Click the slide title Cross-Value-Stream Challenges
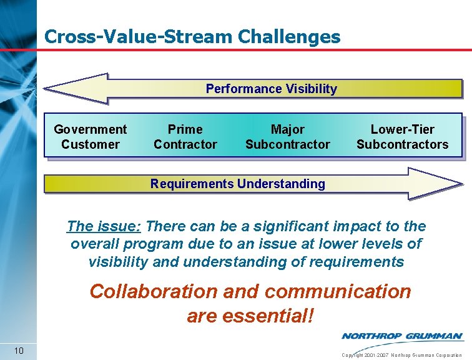point(192,37)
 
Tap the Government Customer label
point(90,137)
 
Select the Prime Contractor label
point(185,137)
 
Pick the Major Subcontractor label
point(287,137)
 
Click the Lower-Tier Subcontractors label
point(402,137)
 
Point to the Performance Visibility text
point(271,89)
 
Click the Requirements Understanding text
point(237,184)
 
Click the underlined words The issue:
point(104,226)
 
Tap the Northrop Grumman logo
point(401,336)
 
